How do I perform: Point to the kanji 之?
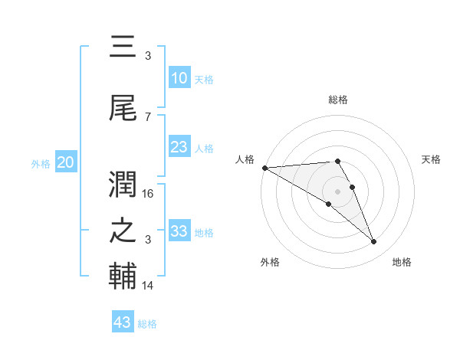coord(123,232)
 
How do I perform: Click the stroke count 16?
coord(149,194)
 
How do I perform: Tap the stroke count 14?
coord(149,286)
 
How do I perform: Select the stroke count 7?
coord(148,116)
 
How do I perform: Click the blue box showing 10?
coord(179,78)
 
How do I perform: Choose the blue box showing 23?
coord(179,148)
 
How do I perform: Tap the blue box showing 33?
coord(179,231)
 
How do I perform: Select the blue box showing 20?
coord(66,162)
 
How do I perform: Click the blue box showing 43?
coord(122,322)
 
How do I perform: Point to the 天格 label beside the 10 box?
coord(203,80)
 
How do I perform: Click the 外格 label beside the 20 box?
coord(41,163)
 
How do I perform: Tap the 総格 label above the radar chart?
coord(338,100)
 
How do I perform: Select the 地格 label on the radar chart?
coord(402,263)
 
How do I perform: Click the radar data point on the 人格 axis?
coord(264,167)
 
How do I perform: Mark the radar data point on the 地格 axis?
coord(374,242)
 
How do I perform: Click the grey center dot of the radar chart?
coord(338,191)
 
